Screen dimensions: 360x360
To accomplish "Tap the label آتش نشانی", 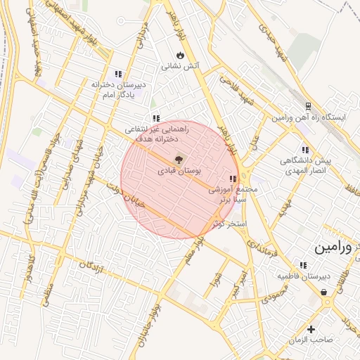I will pyautogui.click(x=181, y=67).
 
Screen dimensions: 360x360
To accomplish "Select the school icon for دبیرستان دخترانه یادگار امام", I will pyautogui.click(x=118, y=73).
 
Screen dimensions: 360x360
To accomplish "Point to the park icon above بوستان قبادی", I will pyautogui.click(x=178, y=159).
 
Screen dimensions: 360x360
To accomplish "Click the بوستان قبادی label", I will pyautogui.click(x=179, y=171).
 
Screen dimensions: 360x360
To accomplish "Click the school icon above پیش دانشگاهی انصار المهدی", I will pyautogui.click(x=304, y=149).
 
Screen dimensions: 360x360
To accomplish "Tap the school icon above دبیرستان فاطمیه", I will pyautogui.click(x=303, y=265).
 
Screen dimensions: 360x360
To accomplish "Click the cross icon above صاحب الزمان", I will pyautogui.click(x=311, y=328).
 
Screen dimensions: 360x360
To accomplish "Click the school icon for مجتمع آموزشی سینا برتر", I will pyautogui.click(x=233, y=179).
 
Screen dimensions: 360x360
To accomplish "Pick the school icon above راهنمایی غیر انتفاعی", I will pyautogui.click(x=155, y=118).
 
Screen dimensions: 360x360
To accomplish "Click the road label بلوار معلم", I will pyautogui.click(x=199, y=248).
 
